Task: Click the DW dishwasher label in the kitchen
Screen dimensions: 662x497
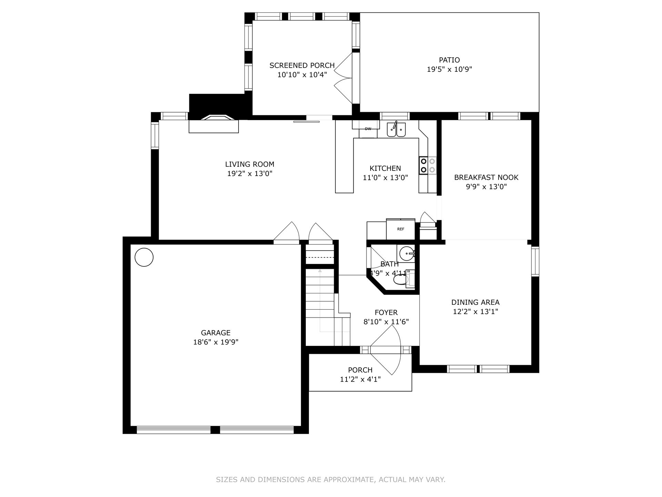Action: [x=368, y=129]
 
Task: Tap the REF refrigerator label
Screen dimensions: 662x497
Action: [x=401, y=229]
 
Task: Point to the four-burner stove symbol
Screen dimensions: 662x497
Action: [x=428, y=165]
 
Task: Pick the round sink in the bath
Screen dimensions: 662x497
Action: [x=407, y=254]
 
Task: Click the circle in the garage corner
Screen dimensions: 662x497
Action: [x=144, y=257]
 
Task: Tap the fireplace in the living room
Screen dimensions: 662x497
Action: [x=214, y=124]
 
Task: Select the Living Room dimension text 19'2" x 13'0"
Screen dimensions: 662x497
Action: [x=250, y=174]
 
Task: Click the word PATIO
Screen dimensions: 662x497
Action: [x=449, y=60]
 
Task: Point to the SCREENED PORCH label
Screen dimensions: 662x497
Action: [x=302, y=65]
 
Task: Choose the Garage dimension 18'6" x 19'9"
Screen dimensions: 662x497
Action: [x=216, y=342]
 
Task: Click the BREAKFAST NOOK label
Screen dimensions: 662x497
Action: [x=486, y=177]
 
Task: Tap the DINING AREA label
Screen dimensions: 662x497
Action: [x=475, y=302]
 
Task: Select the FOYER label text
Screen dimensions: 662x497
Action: [x=386, y=312]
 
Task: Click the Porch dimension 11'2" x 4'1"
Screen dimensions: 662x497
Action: [x=360, y=379]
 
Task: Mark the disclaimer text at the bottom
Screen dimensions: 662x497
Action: [x=331, y=479]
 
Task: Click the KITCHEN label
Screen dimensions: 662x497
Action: [x=385, y=168]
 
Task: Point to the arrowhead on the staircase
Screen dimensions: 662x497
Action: [x=320, y=271]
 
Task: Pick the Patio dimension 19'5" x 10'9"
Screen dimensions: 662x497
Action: [x=449, y=69]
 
